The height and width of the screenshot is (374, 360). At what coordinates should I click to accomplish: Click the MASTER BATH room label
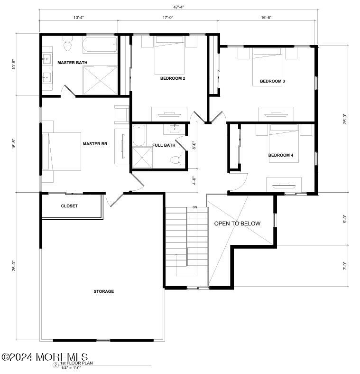coord(72,63)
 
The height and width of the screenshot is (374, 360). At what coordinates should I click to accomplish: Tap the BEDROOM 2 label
coord(173,78)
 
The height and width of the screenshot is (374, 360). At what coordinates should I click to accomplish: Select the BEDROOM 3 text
coord(272,81)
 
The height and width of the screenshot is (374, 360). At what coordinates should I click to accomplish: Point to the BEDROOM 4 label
coord(281,155)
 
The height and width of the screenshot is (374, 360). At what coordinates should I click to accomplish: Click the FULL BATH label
coord(164,145)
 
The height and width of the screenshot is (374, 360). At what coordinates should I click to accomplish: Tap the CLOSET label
coord(69,206)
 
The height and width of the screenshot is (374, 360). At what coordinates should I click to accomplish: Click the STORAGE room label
coord(103,291)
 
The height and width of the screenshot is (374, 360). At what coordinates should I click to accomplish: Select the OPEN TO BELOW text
coord(237,224)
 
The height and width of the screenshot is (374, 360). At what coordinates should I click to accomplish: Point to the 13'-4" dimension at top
coord(79,18)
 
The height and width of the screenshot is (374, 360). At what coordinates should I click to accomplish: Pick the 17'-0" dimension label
coord(168,18)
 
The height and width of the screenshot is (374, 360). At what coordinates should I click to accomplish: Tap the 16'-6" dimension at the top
coord(266,18)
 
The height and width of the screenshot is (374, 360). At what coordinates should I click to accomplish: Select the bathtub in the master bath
coord(100,46)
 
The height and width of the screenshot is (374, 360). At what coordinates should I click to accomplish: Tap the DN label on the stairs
coord(195,207)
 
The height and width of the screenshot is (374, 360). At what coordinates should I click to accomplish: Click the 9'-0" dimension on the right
coord(345,219)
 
